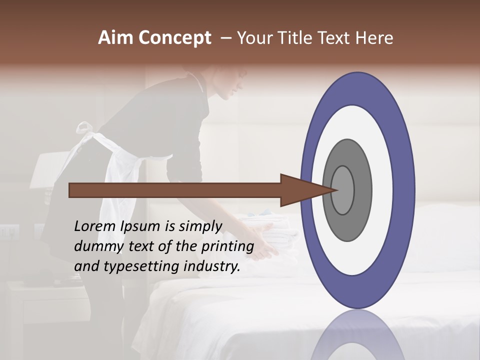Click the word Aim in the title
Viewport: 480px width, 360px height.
115,38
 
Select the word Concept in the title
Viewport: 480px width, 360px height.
174,38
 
